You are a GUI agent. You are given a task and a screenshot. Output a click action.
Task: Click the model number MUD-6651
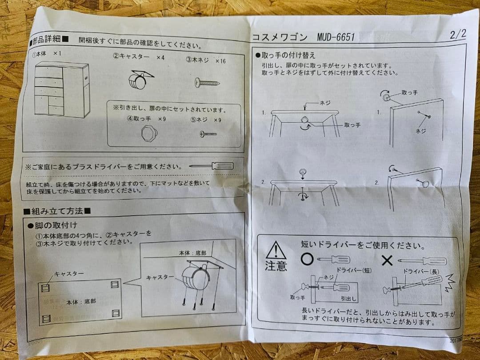(x=336, y=37)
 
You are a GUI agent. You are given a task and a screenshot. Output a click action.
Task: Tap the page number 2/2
(x=457, y=34)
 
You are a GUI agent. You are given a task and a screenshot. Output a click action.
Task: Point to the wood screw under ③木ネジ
(x=207, y=82)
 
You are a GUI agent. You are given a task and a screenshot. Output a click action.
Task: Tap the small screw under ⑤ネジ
(x=208, y=133)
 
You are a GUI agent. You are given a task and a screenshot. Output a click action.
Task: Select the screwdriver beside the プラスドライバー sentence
(x=212, y=166)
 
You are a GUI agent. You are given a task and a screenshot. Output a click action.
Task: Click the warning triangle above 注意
(x=276, y=250)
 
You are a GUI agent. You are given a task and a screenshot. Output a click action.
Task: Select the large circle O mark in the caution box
(x=307, y=259)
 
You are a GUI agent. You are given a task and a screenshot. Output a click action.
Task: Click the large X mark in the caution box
(x=387, y=260)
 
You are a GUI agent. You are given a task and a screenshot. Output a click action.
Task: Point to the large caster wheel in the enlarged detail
(x=194, y=279)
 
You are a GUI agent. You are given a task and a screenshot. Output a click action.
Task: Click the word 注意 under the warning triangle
(x=276, y=266)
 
